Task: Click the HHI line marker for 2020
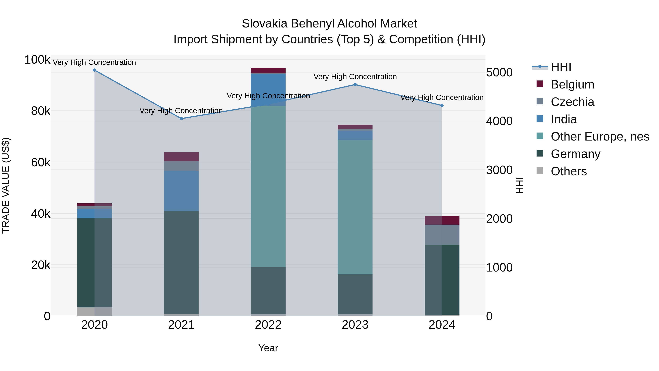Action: (x=94, y=70)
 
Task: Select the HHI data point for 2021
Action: (x=181, y=119)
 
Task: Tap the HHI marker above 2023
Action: (x=355, y=84)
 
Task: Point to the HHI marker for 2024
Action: (x=442, y=106)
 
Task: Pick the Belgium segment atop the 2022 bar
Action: (x=268, y=70)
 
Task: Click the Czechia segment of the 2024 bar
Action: (x=442, y=235)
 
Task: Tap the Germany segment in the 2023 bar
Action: (x=355, y=294)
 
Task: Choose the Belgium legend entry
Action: (x=572, y=84)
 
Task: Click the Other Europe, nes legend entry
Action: (x=600, y=136)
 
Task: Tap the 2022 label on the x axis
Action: (x=268, y=325)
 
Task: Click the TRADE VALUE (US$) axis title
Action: (x=6, y=185)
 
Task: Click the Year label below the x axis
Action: (x=268, y=348)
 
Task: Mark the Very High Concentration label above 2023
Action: (x=355, y=77)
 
